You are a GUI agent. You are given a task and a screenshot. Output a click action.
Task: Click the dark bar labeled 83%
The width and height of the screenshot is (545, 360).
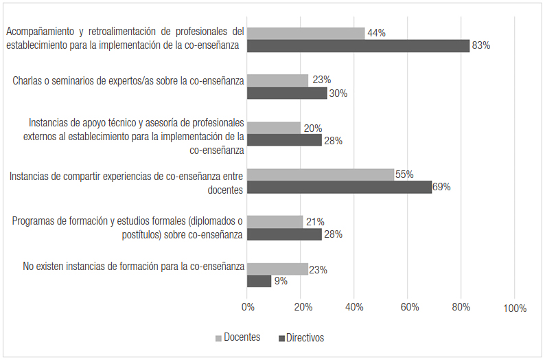click(358, 46)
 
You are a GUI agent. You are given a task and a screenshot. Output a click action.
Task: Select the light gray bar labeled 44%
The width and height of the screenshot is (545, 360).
click(305, 33)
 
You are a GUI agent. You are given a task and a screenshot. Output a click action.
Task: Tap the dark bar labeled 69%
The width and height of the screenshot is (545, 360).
click(339, 187)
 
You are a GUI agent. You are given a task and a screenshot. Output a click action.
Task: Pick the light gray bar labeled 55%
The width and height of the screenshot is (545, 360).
click(321, 175)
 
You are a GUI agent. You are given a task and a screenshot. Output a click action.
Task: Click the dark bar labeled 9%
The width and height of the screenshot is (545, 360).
click(259, 281)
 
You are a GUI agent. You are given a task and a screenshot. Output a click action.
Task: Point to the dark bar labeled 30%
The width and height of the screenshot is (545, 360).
click(287, 93)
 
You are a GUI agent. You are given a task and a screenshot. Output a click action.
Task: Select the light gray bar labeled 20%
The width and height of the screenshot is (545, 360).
click(274, 128)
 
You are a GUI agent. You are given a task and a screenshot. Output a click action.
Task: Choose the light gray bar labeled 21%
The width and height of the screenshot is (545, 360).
click(275, 221)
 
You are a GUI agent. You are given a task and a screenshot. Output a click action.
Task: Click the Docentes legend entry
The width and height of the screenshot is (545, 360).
click(238, 337)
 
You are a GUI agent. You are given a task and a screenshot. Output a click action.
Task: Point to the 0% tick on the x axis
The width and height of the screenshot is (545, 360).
click(248, 308)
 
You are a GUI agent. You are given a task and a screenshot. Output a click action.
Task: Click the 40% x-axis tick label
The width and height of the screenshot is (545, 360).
click(355, 308)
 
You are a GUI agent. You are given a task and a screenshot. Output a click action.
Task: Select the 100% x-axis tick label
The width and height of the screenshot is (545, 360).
click(515, 308)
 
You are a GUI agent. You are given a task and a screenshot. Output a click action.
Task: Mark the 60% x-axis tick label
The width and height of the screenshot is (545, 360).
click(408, 308)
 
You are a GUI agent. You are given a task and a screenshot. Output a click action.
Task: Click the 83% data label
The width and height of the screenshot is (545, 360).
click(481, 46)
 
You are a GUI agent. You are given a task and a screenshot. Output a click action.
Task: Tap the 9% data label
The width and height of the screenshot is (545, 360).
click(280, 281)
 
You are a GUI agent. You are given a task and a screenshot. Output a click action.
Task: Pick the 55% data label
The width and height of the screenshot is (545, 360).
click(405, 175)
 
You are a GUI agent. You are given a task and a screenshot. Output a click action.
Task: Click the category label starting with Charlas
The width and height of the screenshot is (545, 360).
click(128, 81)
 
